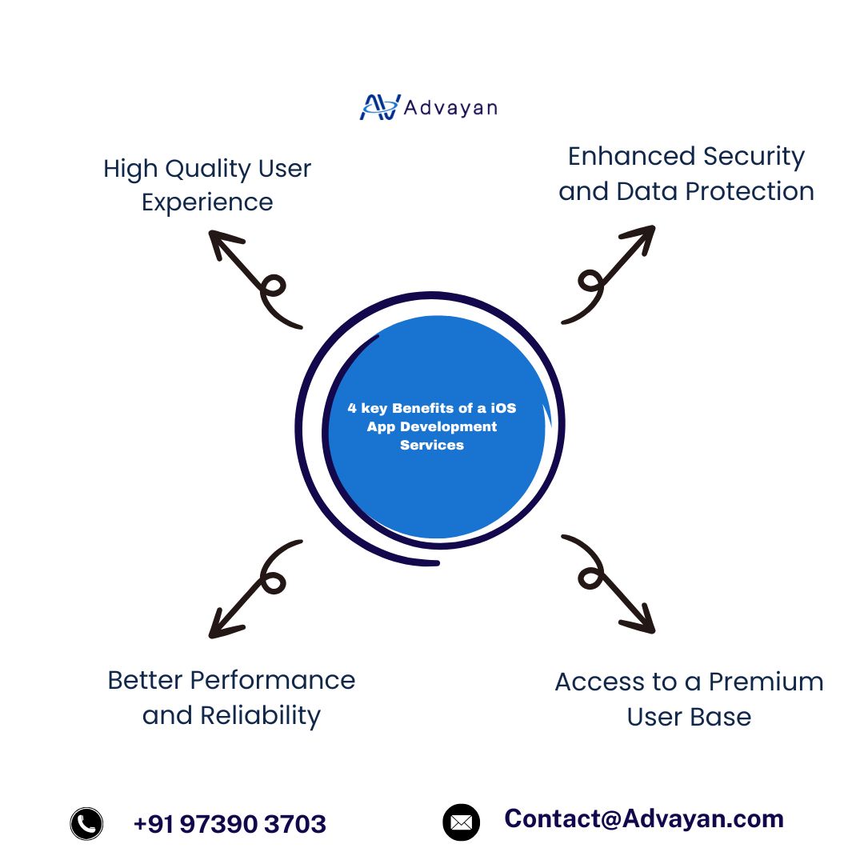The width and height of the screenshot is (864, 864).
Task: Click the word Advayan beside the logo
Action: click(450, 107)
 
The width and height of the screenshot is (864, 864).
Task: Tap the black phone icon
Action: click(86, 823)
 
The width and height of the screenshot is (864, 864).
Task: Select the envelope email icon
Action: click(461, 822)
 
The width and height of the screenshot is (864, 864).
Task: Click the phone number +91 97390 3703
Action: click(230, 824)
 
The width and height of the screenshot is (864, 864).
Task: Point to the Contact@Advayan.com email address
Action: click(644, 818)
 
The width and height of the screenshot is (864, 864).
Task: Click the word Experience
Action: click(207, 203)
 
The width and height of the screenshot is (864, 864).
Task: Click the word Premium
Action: click(766, 682)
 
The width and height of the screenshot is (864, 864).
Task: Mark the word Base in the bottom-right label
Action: click(722, 717)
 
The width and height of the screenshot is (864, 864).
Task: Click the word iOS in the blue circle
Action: click(503, 408)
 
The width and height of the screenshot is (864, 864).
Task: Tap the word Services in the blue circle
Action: click(432, 445)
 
